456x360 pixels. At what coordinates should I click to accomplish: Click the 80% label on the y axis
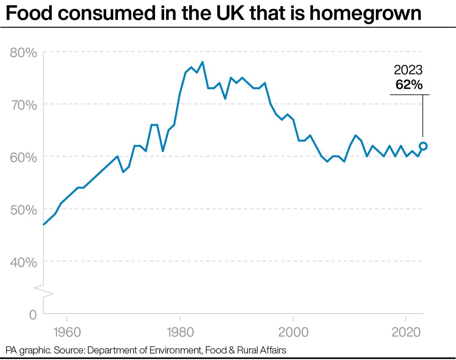(x=23, y=52)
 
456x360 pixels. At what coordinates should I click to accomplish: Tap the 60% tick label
(x=23, y=157)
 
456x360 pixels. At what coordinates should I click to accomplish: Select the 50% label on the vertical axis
(x=23, y=210)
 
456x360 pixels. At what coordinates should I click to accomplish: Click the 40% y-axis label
(x=23, y=262)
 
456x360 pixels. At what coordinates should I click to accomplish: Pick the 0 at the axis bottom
(x=33, y=314)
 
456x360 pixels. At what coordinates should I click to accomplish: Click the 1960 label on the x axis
(x=67, y=332)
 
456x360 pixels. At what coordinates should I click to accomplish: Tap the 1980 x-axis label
(x=180, y=332)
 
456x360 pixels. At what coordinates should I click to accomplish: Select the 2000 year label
(x=293, y=332)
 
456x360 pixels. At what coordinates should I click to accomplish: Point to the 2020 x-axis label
(x=406, y=332)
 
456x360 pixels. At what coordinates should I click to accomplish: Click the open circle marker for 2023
(x=423, y=146)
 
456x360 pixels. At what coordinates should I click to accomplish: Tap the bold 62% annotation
(x=409, y=84)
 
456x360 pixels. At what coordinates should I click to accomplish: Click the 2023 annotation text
(x=408, y=70)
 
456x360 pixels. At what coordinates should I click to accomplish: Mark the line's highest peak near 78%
(x=202, y=62)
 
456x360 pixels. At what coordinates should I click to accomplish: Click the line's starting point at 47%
(x=44, y=224)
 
